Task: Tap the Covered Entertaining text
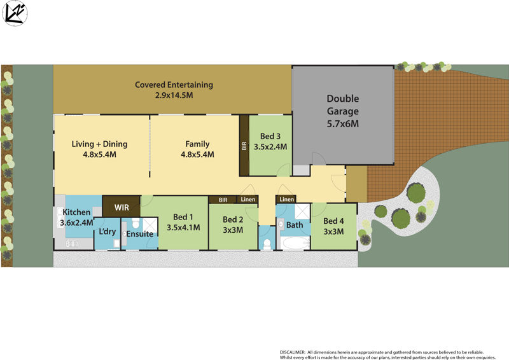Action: pos(174,85)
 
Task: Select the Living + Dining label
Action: pos(99,144)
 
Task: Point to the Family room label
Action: pos(197,144)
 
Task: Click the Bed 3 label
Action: pos(270,136)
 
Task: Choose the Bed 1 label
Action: pos(183,218)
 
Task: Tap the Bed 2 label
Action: pos(234,220)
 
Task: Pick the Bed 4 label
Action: pos(333,221)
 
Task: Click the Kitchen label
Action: pos(76,212)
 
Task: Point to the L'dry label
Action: pos(107,232)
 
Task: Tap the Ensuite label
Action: pos(139,234)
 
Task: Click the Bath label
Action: pos(295,225)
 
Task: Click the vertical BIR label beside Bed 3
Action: pos(244,146)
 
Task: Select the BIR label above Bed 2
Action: pos(223,200)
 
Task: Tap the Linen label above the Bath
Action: pos(286,200)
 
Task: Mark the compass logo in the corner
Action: pos(15,14)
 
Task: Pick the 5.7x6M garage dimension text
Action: pos(343,123)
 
